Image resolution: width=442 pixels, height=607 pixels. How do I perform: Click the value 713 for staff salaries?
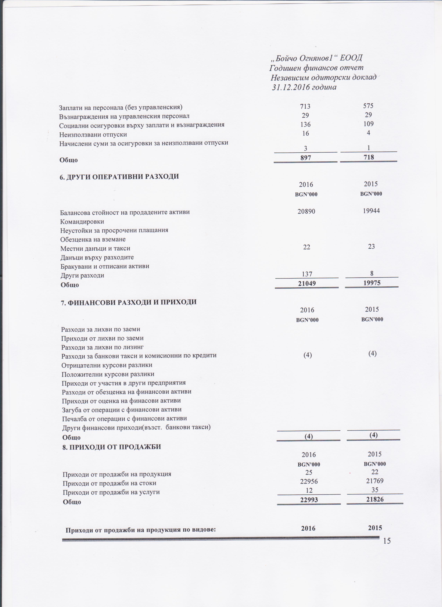coord(305,106)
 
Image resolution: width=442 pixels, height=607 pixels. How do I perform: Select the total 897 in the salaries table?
coord(306,158)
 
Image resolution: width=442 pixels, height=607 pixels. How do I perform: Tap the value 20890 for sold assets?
coord(306,211)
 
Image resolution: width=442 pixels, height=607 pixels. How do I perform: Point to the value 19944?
coord(371,211)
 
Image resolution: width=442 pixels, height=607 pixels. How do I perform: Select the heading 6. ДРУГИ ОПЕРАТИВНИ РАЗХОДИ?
coord(119,177)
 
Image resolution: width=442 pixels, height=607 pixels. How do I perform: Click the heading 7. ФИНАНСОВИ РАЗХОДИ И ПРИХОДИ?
coord(129,302)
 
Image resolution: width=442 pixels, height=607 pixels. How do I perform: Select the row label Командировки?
coord(82,222)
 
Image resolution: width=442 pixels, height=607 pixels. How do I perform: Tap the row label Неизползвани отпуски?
coord(93,134)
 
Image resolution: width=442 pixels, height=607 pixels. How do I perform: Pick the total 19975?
coord(372,283)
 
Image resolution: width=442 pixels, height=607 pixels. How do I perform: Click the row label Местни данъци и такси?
coord(95,248)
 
